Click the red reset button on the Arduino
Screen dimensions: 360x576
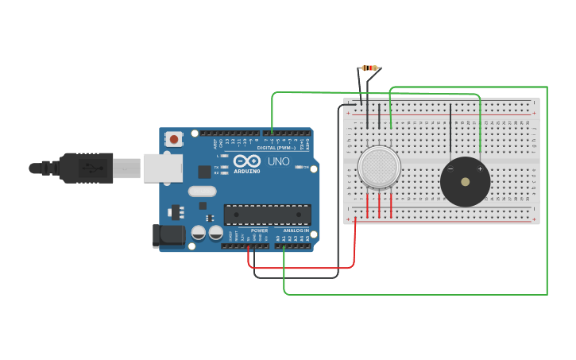[x=174, y=139]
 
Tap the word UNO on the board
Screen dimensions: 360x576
[x=278, y=161]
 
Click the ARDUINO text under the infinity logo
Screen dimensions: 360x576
[x=247, y=171]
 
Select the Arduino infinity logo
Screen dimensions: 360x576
[x=247, y=161]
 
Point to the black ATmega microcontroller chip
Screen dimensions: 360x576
[x=267, y=215]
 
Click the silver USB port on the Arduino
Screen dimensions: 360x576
[x=162, y=168]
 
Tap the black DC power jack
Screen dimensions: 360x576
[x=168, y=235]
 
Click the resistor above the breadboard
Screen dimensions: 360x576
[x=369, y=68]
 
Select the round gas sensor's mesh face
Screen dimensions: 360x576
[x=379, y=167]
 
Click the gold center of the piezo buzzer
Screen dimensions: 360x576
[x=466, y=181]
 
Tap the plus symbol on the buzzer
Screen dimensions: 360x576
[x=480, y=168]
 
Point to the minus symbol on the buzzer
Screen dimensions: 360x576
[x=450, y=168]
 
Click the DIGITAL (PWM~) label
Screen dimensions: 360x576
[x=276, y=148]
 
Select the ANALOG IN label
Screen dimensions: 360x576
[x=296, y=230]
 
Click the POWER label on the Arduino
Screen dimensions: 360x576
[x=259, y=230]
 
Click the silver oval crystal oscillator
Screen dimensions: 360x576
[x=202, y=191]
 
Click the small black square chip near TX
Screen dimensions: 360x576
[x=204, y=171]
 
